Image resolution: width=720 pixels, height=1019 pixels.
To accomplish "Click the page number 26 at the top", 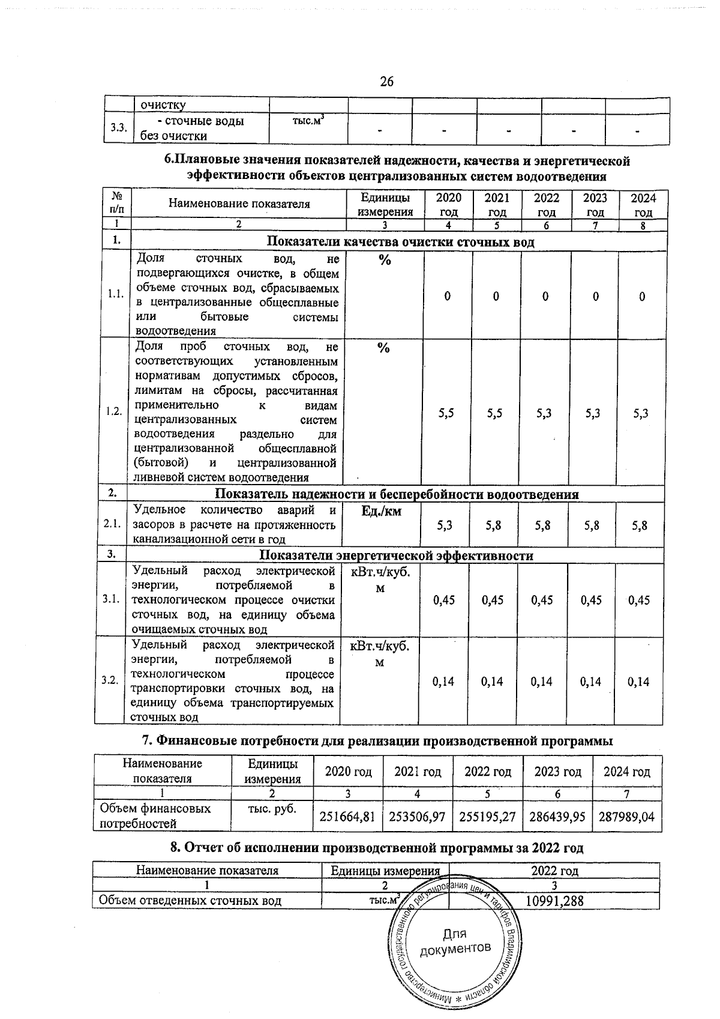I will pos(386,82).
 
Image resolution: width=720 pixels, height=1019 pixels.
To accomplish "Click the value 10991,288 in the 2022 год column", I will pos(554,901).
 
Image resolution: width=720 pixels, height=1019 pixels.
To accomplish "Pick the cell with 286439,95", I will pos(557,817).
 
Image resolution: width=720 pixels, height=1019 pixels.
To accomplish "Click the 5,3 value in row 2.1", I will pos(445,525).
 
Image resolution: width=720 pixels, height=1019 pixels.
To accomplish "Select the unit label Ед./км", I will pos(382,511).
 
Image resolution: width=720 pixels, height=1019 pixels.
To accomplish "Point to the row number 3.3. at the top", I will pos(118,128).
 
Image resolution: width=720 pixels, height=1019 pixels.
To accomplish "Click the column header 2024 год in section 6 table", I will pos(643,205).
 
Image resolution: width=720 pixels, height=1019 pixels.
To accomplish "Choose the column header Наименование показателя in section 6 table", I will pos(239,204).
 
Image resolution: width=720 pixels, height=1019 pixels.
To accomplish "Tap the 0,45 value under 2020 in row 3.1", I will pos(444,600).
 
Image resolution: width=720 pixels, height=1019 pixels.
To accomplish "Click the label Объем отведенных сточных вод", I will pos(190,901).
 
